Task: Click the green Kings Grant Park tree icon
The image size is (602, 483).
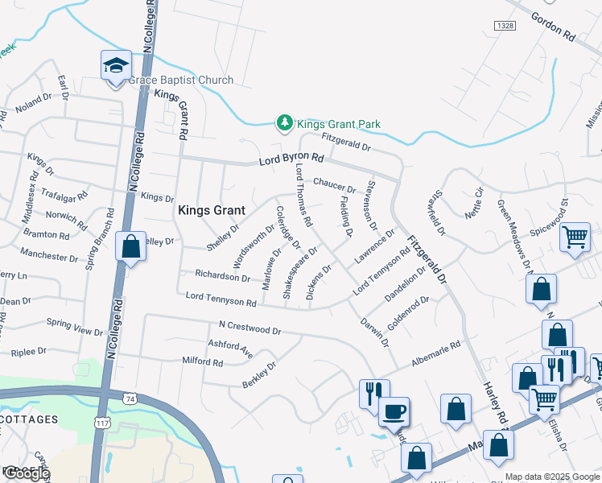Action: coord(283,122)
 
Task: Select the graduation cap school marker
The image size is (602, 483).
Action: coord(116,65)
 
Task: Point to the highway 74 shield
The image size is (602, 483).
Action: coord(130,398)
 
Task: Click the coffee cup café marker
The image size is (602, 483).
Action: coord(394,412)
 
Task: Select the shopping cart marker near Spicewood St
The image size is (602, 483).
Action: coord(575,237)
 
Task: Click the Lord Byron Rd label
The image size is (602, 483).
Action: coord(291,161)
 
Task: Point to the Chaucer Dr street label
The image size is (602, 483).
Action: coord(334,184)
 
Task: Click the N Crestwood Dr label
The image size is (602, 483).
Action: coord(249,329)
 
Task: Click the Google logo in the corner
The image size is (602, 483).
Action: coord(26,474)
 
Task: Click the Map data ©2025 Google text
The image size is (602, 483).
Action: coord(552,477)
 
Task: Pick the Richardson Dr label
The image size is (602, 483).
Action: coord(222,275)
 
